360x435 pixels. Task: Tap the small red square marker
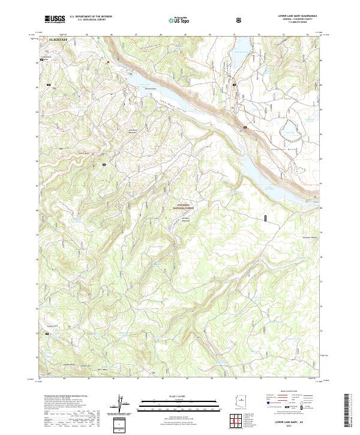pos(108,61)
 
